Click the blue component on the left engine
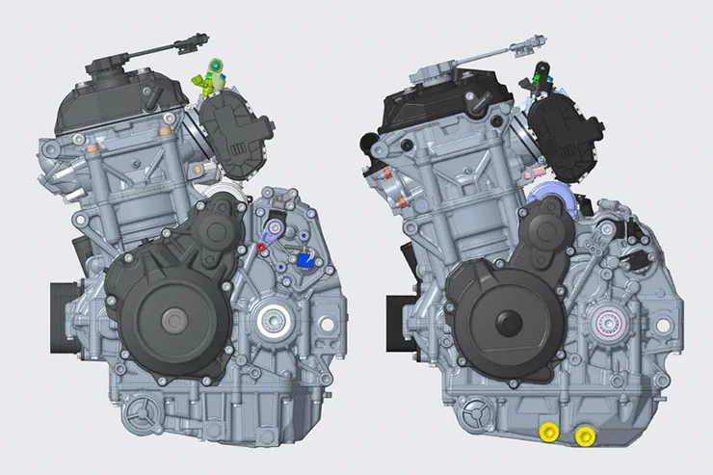[306, 258]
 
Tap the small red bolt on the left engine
[261, 248]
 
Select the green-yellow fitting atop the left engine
[214, 79]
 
